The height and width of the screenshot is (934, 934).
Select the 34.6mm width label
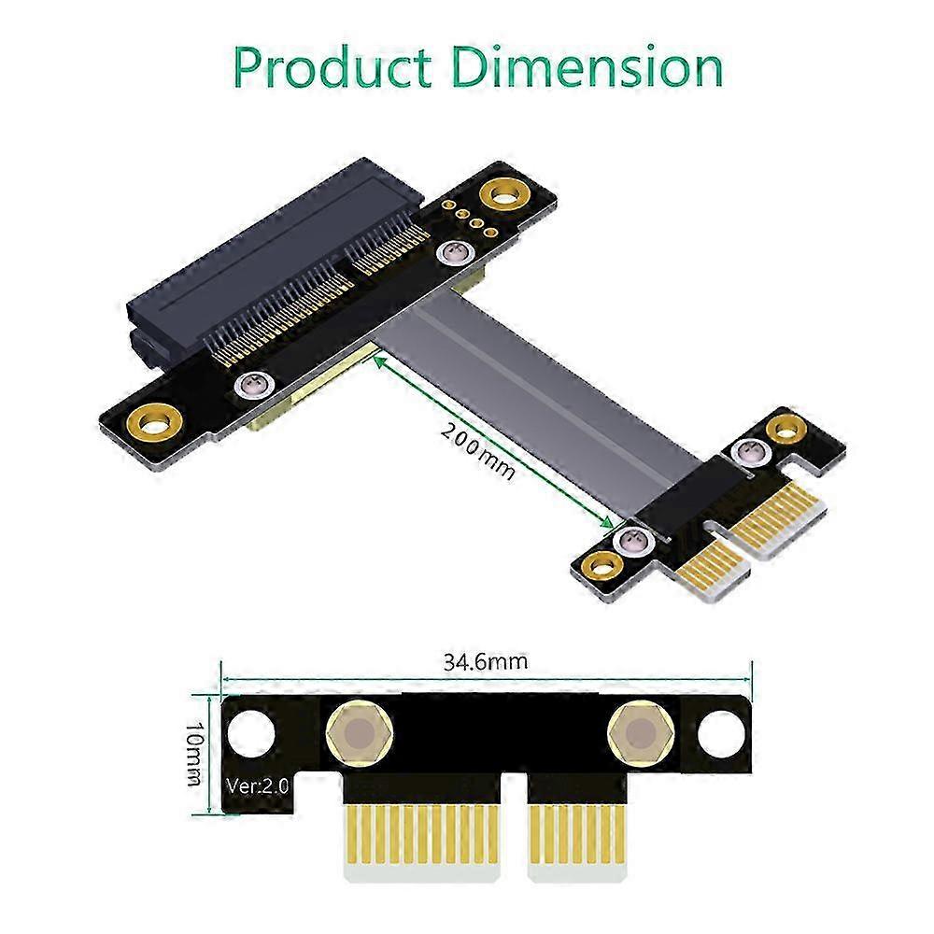point(485,662)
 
